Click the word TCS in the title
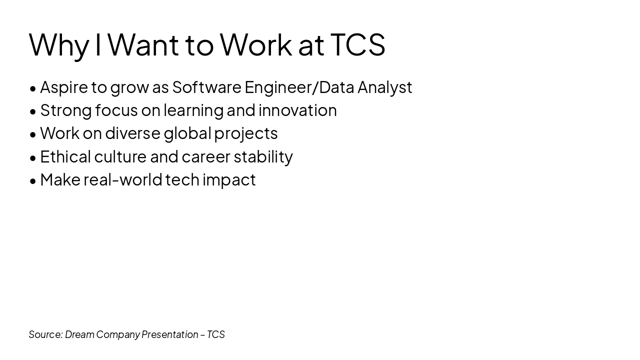(x=357, y=44)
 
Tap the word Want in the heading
(x=143, y=44)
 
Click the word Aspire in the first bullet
(x=64, y=87)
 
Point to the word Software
(x=206, y=87)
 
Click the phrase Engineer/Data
(x=299, y=87)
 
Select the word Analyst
(x=384, y=87)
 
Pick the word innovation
(x=297, y=110)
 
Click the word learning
(x=193, y=110)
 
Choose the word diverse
(x=132, y=133)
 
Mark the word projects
(x=245, y=134)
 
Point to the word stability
(x=263, y=156)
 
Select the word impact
(x=229, y=180)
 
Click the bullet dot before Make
(x=33, y=181)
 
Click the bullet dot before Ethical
(x=33, y=158)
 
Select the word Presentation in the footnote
(x=169, y=334)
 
